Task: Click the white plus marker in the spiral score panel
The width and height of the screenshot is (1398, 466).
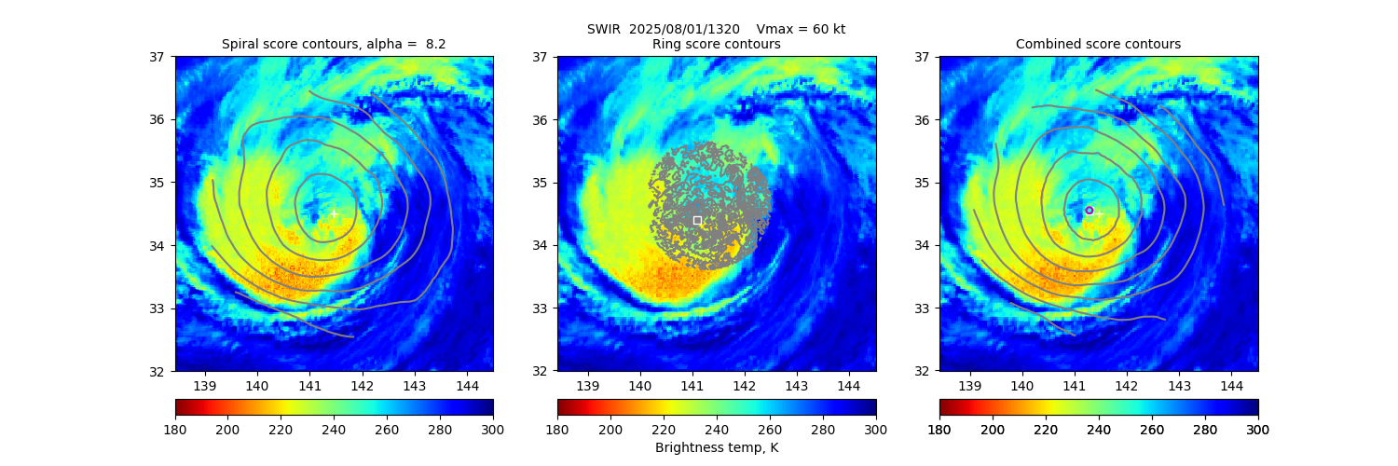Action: pyautogui.click(x=334, y=213)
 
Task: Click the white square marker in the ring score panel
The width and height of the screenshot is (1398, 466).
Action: pyautogui.click(x=697, y=220)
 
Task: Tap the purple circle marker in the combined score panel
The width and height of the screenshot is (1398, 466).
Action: pyautogui.click(x=1089, y=211)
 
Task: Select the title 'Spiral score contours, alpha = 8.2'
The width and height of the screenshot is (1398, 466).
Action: pyautogui.click(x=334, y=44)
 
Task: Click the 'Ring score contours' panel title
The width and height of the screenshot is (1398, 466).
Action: pyautogui.click(x=717, y=44)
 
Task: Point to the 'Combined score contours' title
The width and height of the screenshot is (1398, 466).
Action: pyautogui.click(x=1098, y=44)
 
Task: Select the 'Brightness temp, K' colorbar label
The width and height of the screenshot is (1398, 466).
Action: pyautogui.click(x=717, y=447)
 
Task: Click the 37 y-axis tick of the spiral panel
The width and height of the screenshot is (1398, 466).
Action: pyautogui.click(x=160, y=56)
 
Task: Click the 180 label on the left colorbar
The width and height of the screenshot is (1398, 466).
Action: pyautogui.click(x=175, y=429)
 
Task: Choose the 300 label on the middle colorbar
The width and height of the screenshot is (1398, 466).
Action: pyautogui.click(x=876, y=429)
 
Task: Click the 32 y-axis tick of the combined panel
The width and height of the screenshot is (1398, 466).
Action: pyautogui.click(x=925, y=371)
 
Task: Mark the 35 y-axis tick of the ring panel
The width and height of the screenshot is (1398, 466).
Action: pyautogui.click(x=542, y=183)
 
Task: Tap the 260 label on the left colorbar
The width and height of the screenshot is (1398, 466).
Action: pyautogui.click(x=387, y=429)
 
